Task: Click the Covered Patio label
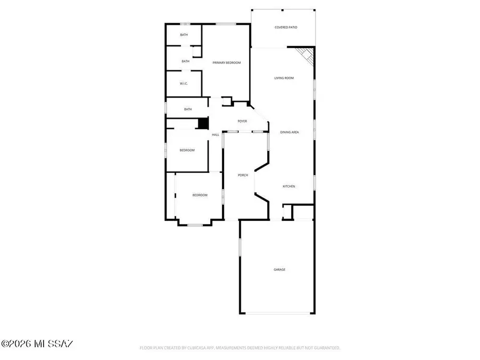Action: (286, 27)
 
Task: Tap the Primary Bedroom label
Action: (227, 63)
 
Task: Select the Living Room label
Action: (284, 78)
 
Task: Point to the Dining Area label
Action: (290, 132)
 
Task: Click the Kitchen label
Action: (289, 186)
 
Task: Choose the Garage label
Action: (279, 269)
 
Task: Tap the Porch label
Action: (243, 175)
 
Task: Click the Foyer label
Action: (242, 122)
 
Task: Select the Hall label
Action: (215, 134)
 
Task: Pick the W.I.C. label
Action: (183, 84)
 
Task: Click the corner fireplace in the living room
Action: (305, 54)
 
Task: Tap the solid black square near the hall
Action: (203, 123)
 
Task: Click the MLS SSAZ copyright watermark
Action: (37, 343)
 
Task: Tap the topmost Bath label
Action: (184, 35)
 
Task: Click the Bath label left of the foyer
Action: (188, 109)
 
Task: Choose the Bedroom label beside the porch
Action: (200, 195)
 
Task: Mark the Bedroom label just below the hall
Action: (187, 150)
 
